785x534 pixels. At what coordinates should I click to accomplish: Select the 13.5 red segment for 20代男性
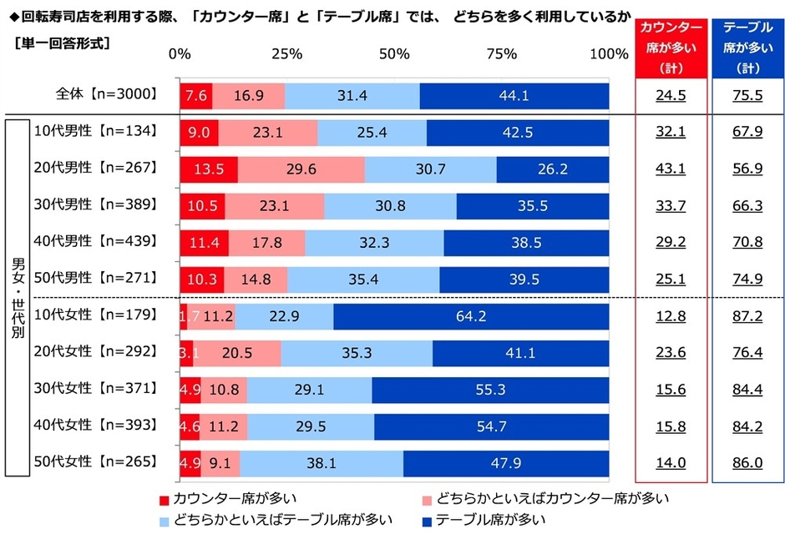[209, 169]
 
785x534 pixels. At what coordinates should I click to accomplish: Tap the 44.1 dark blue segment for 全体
[514, 95]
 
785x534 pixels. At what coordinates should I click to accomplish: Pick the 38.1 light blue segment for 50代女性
[322, 461]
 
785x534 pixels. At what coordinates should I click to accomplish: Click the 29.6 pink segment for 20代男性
[301, 169]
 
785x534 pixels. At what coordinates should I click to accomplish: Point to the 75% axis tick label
[501, 54]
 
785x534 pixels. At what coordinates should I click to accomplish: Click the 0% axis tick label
[180, 54]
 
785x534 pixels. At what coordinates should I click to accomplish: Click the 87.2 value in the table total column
[747, 315]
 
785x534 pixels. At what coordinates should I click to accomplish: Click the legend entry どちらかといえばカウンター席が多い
[543, 499]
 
